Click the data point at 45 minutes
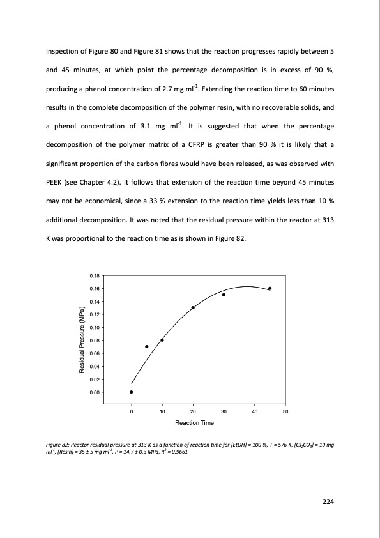pos(270,288)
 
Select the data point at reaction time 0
pos(132,392)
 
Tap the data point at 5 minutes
pos(147,346)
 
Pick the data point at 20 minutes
pos(193,307)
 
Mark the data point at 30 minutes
pos(224,295)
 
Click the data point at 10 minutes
pos(162,340)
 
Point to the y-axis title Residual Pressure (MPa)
pos(82,334)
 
